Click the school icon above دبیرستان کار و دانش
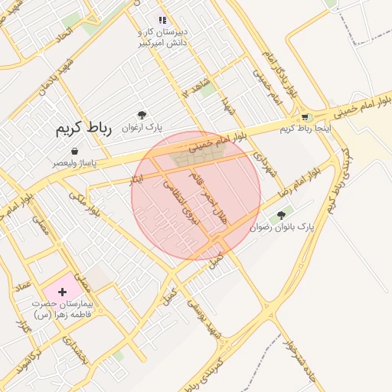162,20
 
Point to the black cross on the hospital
62,292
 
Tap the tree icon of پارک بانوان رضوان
282,216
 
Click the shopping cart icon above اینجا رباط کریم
305,117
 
